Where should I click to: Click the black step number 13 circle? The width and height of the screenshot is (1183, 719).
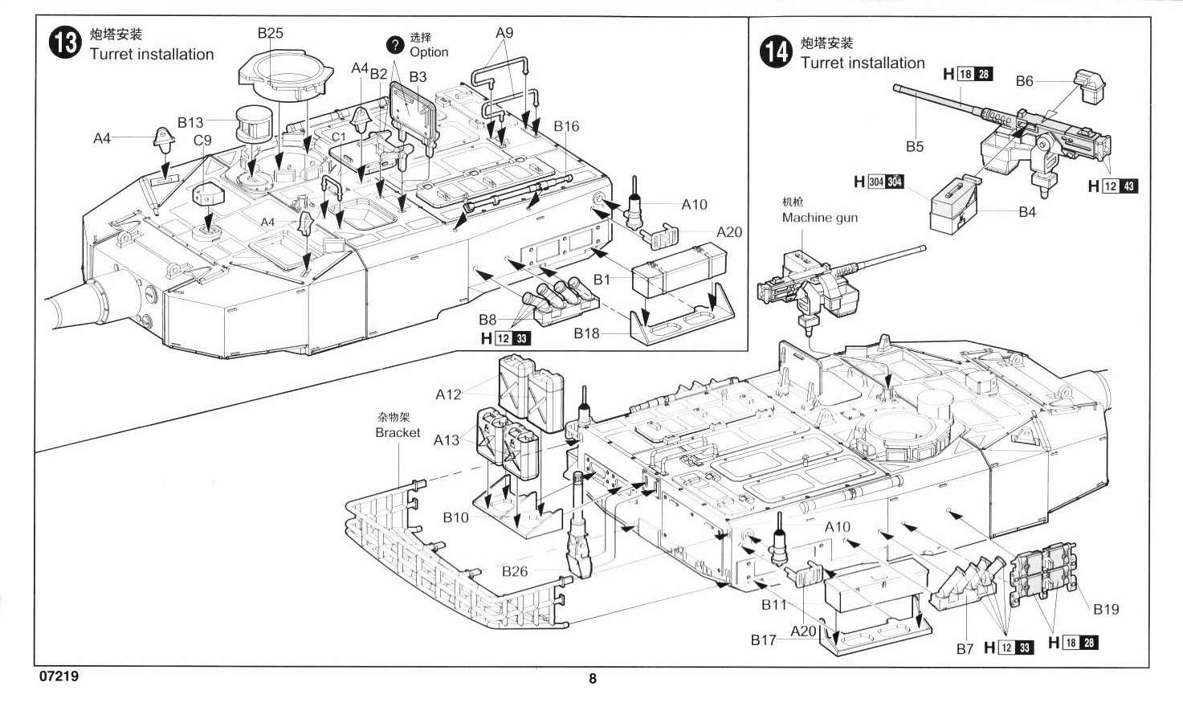pos(64,43)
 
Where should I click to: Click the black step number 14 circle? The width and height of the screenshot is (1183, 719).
pos(775,52)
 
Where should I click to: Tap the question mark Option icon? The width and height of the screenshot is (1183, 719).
pos(394,44)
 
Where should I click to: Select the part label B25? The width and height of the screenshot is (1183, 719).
pos(270,33)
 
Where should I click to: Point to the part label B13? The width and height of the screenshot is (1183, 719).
pos(190,122)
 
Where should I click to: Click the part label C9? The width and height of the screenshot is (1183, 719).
pos(202,140)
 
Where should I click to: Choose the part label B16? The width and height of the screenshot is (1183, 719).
pos(566,126)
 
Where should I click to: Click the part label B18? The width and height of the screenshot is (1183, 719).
pos(586,333)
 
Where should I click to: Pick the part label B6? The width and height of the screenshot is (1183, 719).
pos(1024,81)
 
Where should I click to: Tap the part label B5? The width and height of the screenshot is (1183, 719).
pos(915,146)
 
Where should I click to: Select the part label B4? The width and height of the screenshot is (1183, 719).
pos(1026,212)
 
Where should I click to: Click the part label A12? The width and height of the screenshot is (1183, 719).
pos(449,394)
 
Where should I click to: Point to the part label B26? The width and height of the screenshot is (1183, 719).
pos(515,571)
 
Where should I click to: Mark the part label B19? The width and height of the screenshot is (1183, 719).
pos(1105,609)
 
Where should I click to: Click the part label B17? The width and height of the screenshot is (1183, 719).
pos(764,639)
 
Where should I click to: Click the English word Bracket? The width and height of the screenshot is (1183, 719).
pos(398,432)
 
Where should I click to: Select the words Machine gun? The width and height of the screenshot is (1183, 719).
pos(819,218)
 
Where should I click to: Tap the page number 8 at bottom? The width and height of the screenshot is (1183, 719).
pos(593,679)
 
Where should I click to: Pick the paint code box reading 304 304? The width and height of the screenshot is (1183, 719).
pos(885,182)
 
